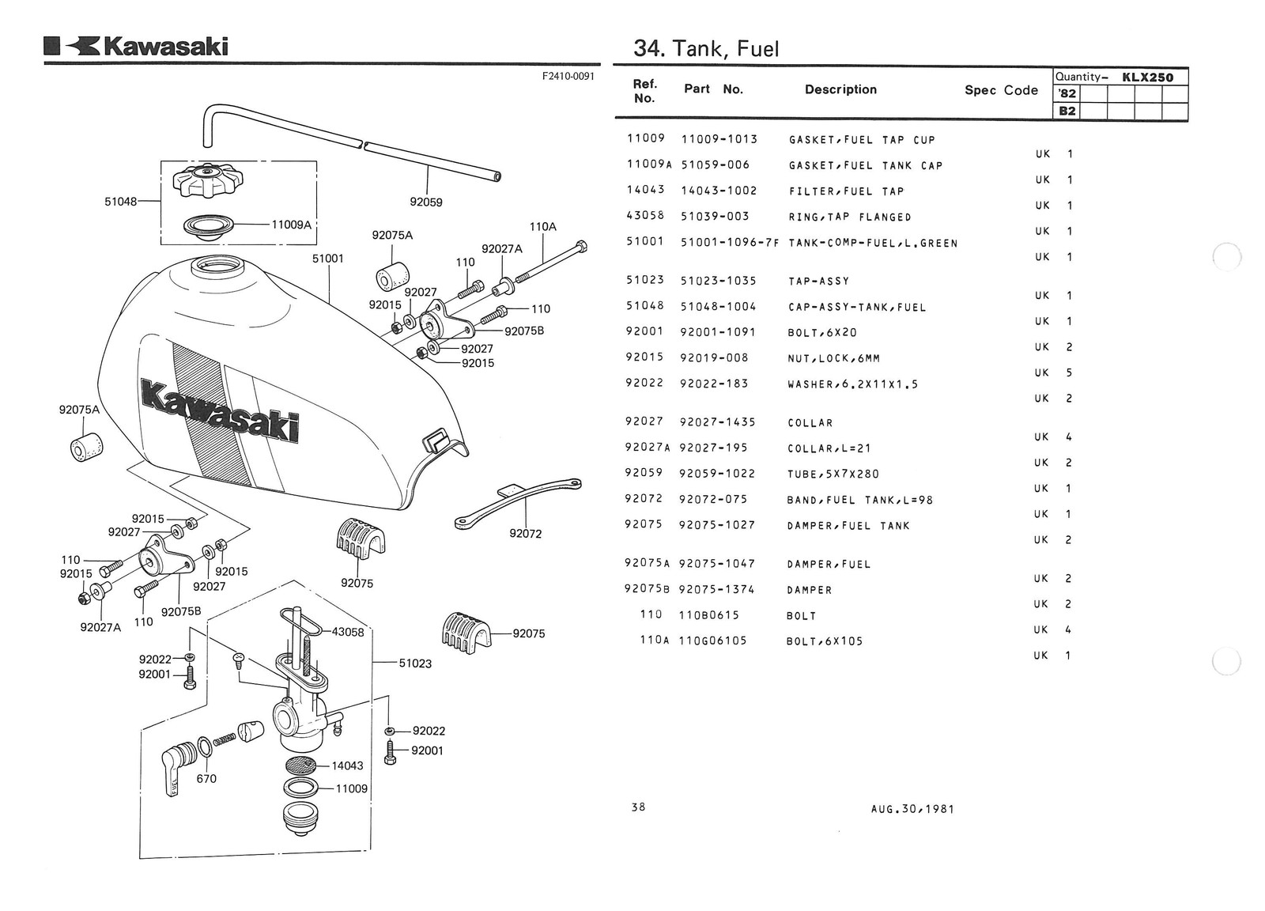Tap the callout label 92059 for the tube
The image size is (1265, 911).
tap(426, 202)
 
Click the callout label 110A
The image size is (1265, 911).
tap(543, 227)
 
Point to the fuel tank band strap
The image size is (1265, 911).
tap(518, 498)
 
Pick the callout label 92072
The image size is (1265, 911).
tap(526, 534)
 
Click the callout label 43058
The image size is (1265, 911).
tap(348, 632)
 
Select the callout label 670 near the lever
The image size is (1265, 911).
tap(206, 778)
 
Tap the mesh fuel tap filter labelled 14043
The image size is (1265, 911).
tap(300, 765)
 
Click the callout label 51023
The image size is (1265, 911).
tap(415, 663)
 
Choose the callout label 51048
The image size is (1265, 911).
tap(121, 202)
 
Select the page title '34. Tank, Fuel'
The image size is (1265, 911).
tap(706, 49)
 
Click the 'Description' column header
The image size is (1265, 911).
tap(840, 89)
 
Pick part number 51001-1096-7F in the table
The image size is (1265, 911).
tap(730, 243)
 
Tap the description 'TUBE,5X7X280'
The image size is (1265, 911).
tap(833, 474)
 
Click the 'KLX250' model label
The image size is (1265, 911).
tap(1148, 77)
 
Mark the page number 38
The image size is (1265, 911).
tap(639, 807)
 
